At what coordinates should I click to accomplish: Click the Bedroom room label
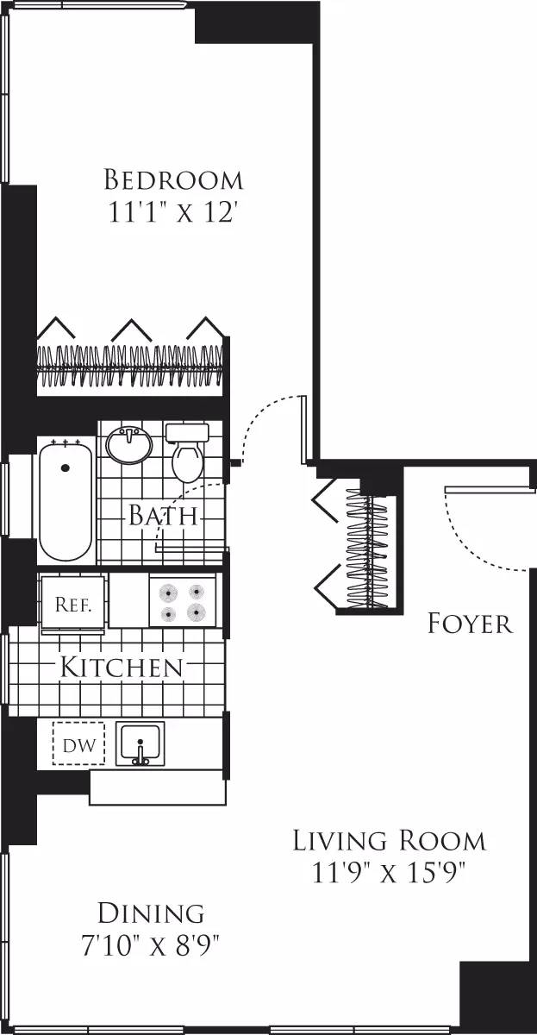coord(173,180)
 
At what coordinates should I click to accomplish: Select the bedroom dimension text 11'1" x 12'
coord(173,212)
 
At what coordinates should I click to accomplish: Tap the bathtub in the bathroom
coord(65,499)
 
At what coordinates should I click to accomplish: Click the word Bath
coord(164,516)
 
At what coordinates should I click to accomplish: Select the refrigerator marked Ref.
coord(72,604)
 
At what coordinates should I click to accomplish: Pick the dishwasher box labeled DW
coord(78,743)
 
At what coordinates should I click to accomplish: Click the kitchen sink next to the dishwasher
coord(140,743)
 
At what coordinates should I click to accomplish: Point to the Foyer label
coord(470,623)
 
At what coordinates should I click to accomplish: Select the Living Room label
coord(389,839)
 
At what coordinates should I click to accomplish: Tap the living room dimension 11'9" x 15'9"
coord(389,873)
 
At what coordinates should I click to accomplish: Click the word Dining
coord(151,913)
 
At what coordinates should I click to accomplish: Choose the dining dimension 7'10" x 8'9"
coord(151,945)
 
